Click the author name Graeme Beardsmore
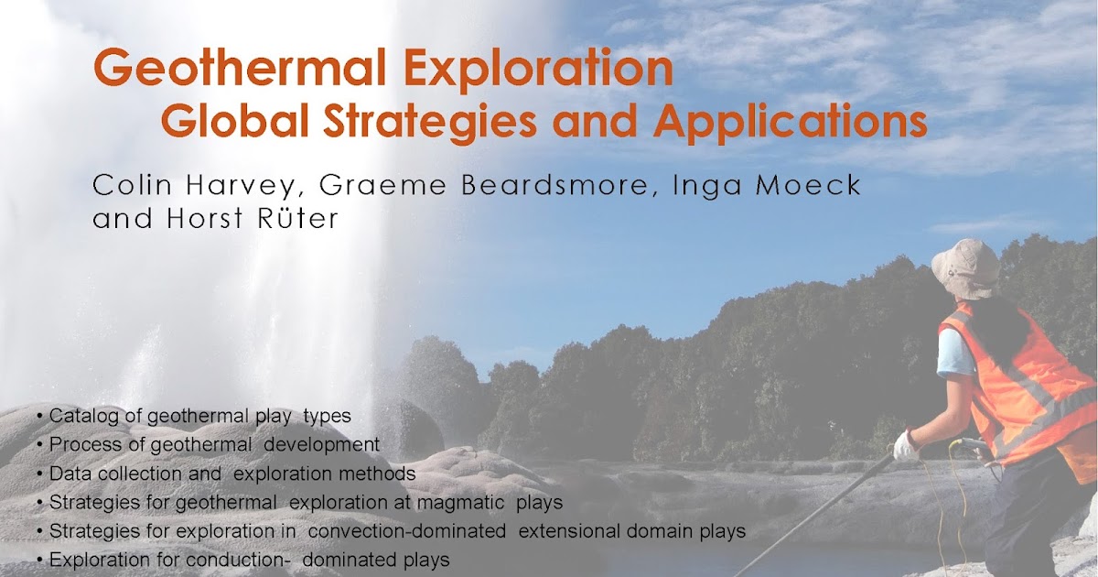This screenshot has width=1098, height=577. click(458, 185)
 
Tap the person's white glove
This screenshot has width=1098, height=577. click(906, 446)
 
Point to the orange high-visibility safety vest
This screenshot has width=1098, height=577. click(1025, 385)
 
